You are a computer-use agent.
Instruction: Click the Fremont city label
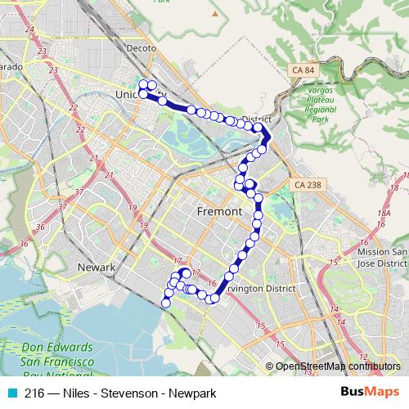(x=220, y=212)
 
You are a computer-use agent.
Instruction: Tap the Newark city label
(x=96, y=267)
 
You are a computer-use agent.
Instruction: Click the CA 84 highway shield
(x=302, y=71)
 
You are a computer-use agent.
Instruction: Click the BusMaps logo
(x=380, y=392)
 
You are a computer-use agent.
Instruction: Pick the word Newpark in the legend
(x=192, y=393)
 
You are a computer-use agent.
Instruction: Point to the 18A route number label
(x=384, y=213)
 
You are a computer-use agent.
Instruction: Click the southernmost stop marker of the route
(x=166, y=303)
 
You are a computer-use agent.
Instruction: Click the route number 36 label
(x=38, y=226)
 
